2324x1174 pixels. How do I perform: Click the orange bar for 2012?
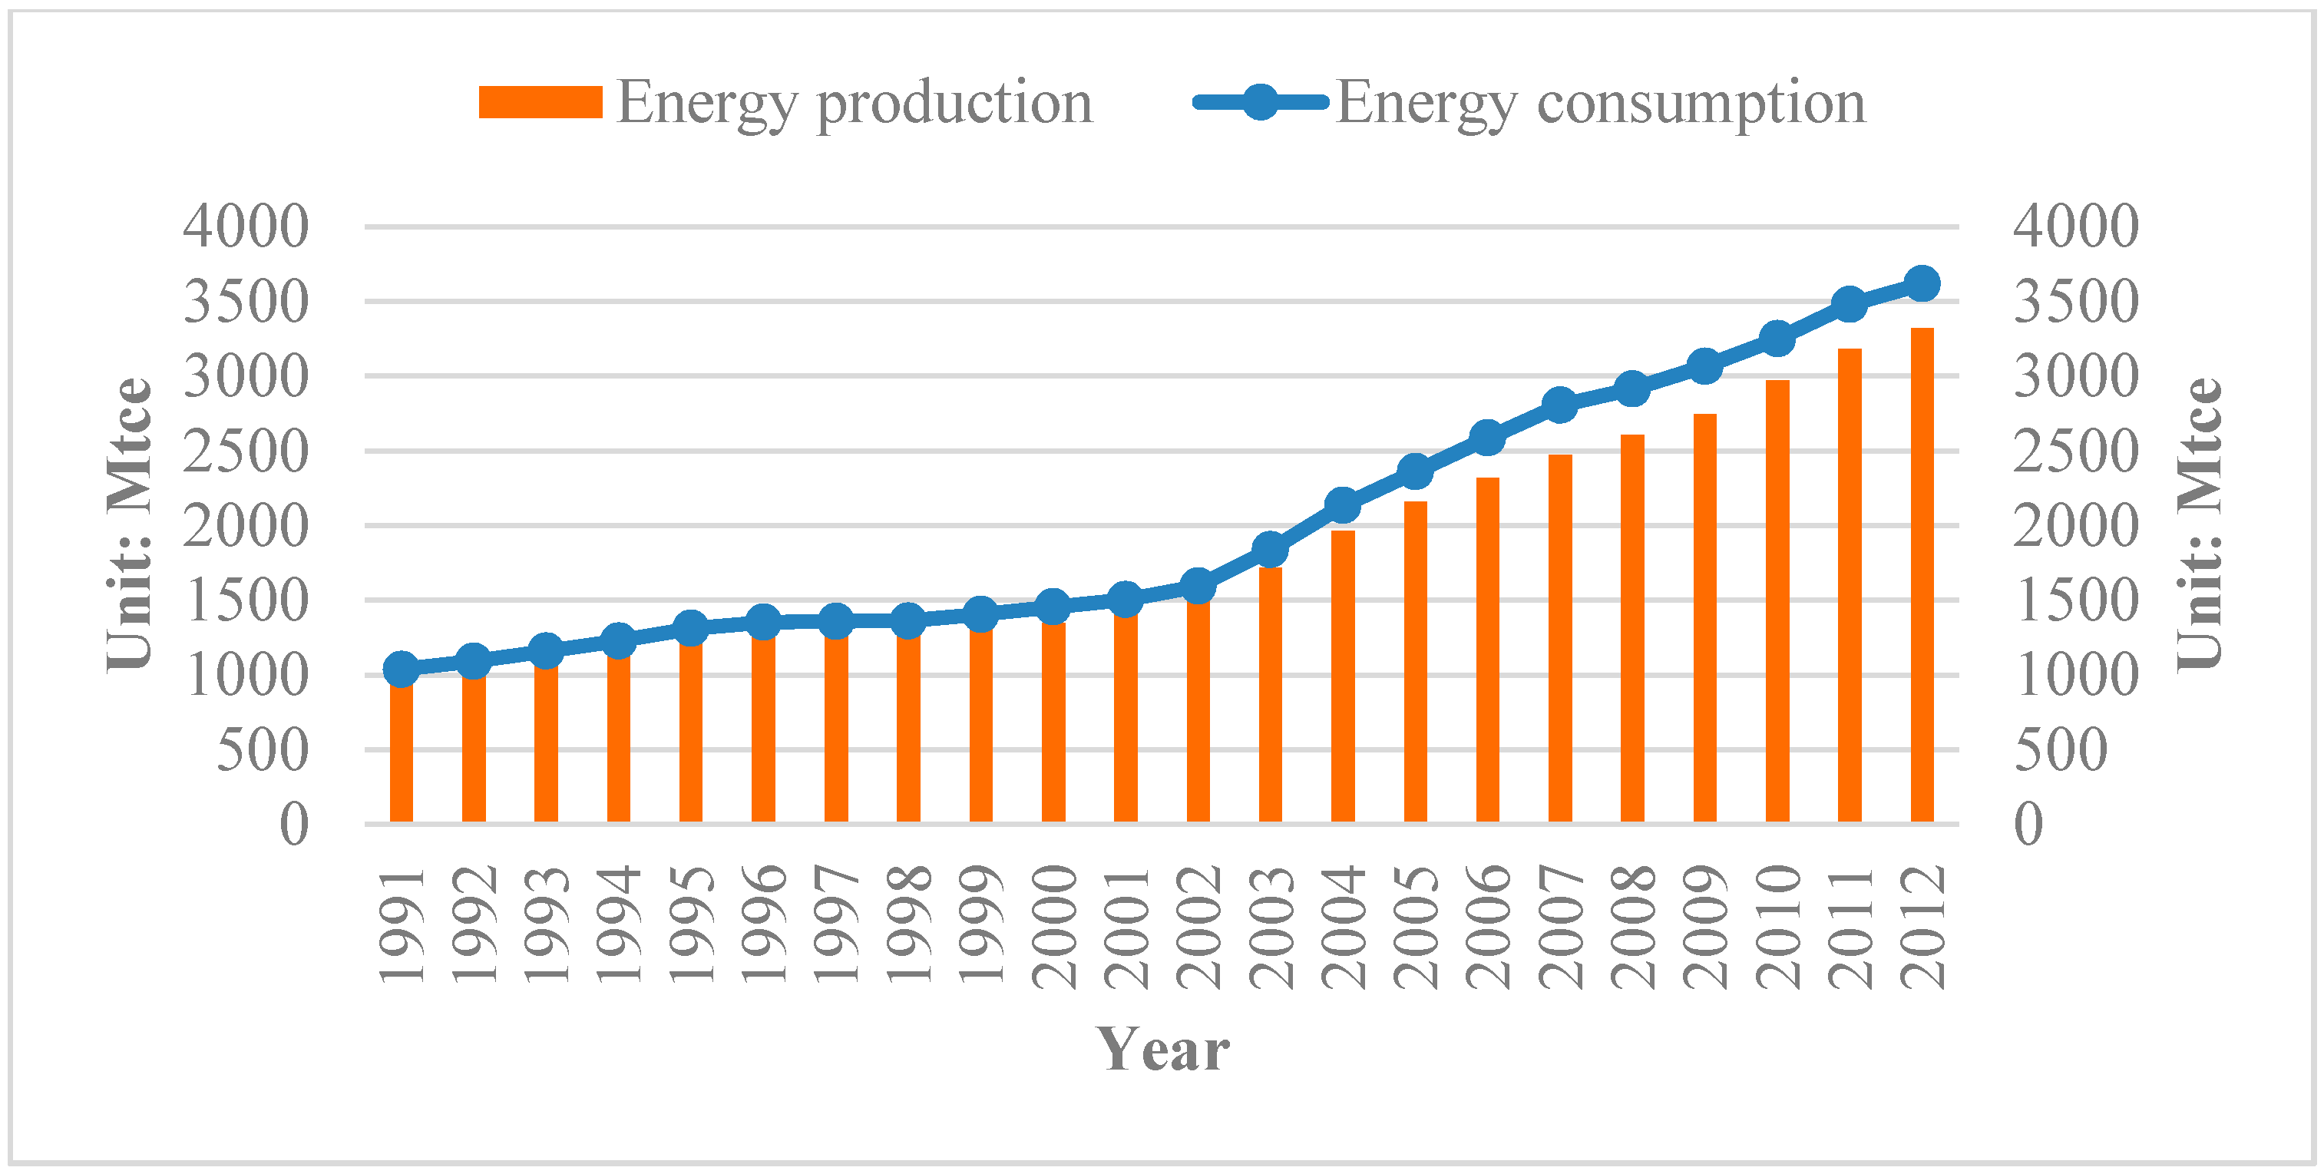coord(1922,577)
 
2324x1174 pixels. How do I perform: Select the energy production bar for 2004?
coord(1343,676)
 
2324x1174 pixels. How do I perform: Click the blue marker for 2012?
coord(1922,283)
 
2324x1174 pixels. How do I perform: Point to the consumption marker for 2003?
coord(1271,549)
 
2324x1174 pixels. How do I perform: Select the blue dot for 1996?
coord(763,621)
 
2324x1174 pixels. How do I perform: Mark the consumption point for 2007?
coord(1560,405)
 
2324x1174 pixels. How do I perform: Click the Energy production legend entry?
coord(785,102)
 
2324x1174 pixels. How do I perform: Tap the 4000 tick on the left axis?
coord(246,226)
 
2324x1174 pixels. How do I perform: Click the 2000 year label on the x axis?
coord(1053,927)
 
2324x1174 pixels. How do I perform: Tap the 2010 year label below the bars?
coord(1777,927)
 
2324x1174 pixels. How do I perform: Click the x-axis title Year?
coord(1162,1050)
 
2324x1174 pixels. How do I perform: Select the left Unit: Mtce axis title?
coord(129,524)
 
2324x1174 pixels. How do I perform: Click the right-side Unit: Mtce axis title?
coord(2199,524)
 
